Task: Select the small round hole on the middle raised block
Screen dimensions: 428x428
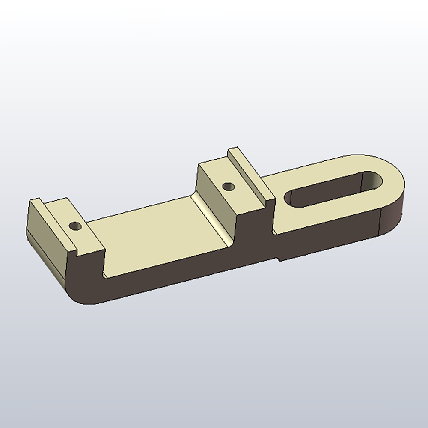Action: (x=229, y=187)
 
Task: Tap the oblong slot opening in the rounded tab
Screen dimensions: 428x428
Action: (x=330, y=190)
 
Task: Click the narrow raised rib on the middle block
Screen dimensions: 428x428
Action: (x=250, y=173)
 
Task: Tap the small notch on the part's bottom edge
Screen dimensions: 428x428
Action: (x=279, y=258)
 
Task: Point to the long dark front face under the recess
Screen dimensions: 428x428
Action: (x=180, y=270)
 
